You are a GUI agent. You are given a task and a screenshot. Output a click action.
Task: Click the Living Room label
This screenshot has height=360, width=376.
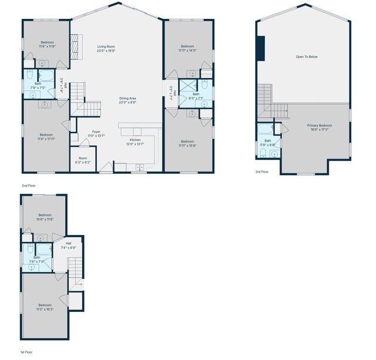pos(106,46)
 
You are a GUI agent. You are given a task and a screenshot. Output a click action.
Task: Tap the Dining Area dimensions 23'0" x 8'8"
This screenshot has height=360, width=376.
pos(127,102)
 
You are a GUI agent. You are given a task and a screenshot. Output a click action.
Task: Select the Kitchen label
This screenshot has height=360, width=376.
pos(135,140)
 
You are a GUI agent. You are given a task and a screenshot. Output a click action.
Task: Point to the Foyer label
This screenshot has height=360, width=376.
pos(96,132)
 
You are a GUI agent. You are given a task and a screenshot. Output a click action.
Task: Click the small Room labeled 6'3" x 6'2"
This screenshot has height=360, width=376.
pos(83,158)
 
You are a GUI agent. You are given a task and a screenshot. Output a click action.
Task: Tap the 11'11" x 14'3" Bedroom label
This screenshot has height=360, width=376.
pos(187,46)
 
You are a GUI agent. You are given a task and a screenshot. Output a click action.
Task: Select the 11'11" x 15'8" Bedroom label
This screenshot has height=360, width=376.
pos(187,141)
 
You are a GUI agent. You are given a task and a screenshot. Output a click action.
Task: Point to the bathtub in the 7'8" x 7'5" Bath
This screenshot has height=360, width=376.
pos(46,76)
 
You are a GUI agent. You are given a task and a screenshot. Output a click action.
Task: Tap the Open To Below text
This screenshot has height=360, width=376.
pos(307,57)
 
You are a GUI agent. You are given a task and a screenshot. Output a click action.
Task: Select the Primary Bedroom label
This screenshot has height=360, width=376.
pos(320,126)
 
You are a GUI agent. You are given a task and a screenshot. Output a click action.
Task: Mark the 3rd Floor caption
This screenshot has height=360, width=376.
pos(261,171)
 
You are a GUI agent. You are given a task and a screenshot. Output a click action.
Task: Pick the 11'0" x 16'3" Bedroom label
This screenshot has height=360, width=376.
pos(45,305)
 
